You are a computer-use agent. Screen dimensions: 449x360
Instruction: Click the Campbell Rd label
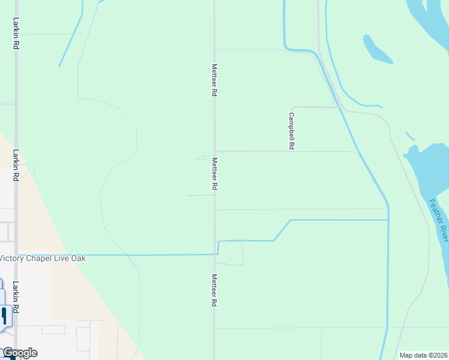[292, 131]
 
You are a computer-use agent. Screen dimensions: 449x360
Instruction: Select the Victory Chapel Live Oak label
[43, 258]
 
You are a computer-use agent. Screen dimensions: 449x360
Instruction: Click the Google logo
[20, 353]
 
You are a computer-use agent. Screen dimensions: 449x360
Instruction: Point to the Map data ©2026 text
[423, 355]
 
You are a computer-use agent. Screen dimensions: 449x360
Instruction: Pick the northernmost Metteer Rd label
[214, 80]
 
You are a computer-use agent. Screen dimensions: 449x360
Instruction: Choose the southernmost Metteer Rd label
[214, 290]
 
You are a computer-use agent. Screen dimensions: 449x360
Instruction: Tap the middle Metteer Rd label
[214, 174]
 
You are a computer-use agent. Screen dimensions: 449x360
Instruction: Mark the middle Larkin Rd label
[15, 165]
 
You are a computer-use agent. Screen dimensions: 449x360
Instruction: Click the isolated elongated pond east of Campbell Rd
[376, 50]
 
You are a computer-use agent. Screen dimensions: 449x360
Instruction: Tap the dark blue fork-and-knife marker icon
[4, 316]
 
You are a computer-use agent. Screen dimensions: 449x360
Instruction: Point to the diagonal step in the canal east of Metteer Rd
[282, 230]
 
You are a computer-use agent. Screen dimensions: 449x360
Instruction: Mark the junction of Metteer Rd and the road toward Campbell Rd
[215, 151]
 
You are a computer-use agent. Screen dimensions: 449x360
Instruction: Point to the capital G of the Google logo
[8, 353]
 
